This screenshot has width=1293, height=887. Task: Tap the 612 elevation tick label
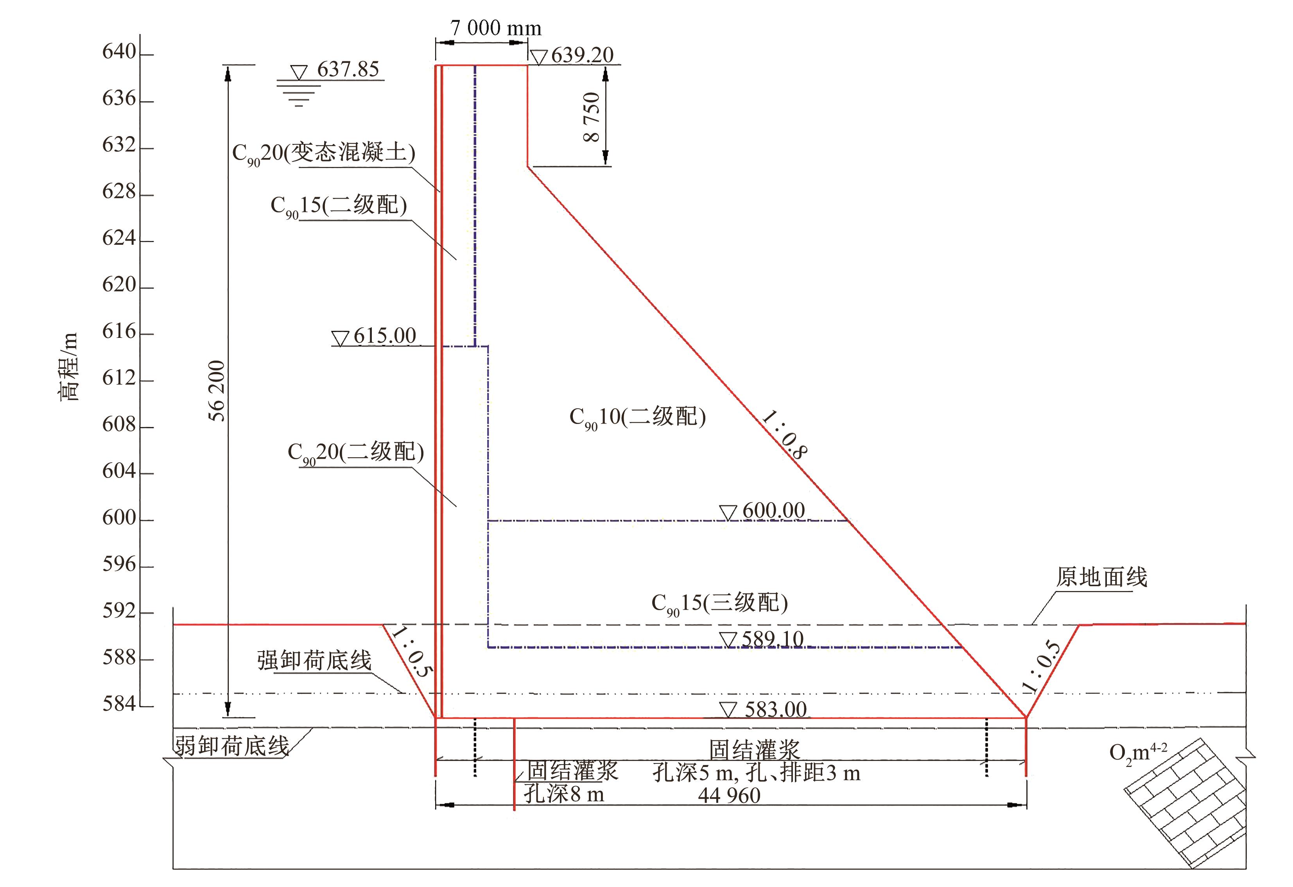119,379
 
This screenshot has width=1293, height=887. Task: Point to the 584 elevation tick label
119,704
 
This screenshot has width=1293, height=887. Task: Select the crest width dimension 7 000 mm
495,28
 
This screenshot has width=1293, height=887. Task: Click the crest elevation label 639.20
582,55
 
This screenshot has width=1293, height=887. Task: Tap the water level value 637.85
348,70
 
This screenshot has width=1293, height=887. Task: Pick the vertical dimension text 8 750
592,117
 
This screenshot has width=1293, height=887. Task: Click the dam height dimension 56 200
217,391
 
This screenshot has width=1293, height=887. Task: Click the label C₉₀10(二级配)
638,417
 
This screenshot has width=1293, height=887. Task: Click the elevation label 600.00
773,511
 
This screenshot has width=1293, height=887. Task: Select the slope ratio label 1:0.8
784,435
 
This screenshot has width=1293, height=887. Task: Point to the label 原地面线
1101,578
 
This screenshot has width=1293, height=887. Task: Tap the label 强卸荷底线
314,661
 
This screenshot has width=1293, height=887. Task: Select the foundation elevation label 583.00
776,709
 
